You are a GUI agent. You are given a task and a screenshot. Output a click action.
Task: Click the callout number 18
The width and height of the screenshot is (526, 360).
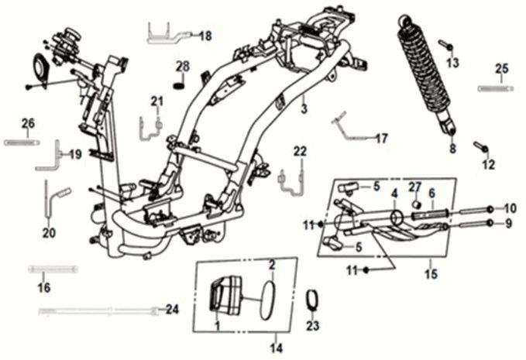(205, 36)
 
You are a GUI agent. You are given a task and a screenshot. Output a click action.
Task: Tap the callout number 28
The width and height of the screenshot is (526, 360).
(182, 65)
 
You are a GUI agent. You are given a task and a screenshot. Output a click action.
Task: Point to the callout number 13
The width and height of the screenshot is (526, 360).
(453, 62)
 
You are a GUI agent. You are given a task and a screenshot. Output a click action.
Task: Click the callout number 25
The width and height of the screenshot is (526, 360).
(501, 70)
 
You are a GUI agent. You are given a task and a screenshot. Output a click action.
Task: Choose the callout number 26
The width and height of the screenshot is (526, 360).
(28, 124)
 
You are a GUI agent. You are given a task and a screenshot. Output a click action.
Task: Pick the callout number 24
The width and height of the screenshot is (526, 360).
(172, 310)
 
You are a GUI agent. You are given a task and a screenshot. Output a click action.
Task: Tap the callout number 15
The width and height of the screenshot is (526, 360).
(432, 275)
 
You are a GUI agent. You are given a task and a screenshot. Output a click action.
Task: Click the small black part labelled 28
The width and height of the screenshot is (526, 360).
(180, 80)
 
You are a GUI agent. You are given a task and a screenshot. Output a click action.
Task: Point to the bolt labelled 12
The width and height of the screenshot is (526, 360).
(480, 148)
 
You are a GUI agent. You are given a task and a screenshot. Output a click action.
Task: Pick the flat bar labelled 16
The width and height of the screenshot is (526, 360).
(53, 269)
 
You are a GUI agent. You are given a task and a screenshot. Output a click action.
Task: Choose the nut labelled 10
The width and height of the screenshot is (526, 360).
(491, 209)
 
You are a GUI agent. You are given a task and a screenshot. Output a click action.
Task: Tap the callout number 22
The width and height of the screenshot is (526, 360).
(300, 150)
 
